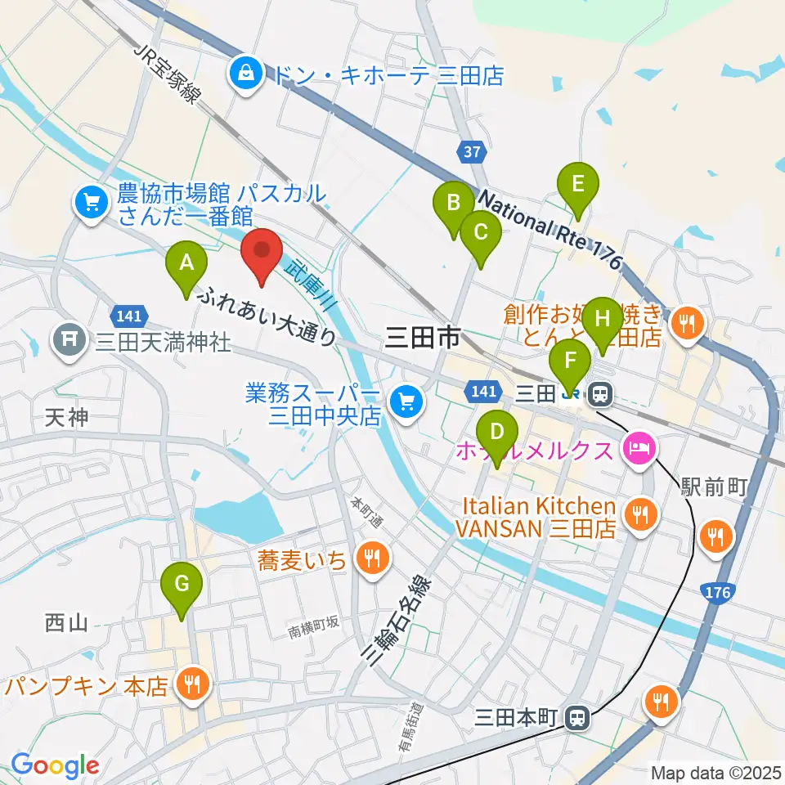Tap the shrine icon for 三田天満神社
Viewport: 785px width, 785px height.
point(69,339)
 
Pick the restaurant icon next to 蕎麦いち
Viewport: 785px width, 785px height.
point(373,559)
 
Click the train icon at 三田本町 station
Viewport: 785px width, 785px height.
point(578,718)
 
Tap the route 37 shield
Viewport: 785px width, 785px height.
point(467,151)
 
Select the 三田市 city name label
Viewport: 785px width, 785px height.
point(422,337)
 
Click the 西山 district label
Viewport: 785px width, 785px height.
point(65,623)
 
